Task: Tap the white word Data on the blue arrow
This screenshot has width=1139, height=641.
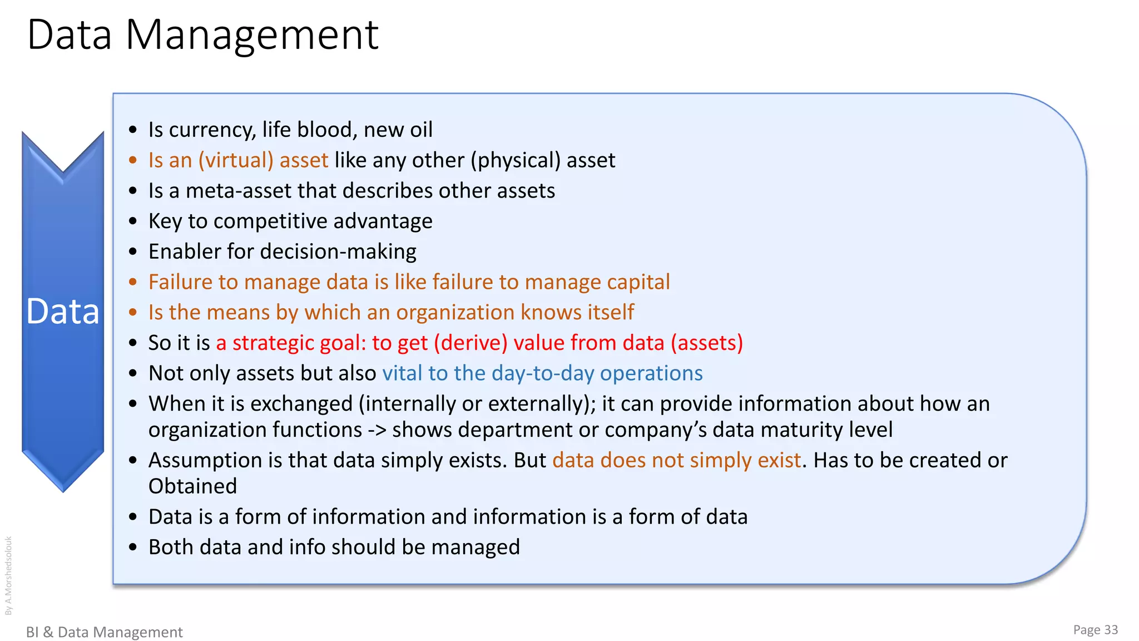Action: point(63,312)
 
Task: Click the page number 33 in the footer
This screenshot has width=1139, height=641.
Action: point(1111,630)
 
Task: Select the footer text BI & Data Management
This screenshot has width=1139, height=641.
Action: point(105,632)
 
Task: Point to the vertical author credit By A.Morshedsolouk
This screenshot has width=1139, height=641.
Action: point(8,575)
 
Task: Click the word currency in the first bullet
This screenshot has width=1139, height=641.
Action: point(212,130)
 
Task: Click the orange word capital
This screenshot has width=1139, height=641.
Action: point(638,283)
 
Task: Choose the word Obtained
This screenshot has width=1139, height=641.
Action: point(192,487)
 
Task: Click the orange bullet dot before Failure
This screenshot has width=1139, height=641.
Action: point(132,282)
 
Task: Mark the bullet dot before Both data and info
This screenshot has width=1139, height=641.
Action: point(132,548)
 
